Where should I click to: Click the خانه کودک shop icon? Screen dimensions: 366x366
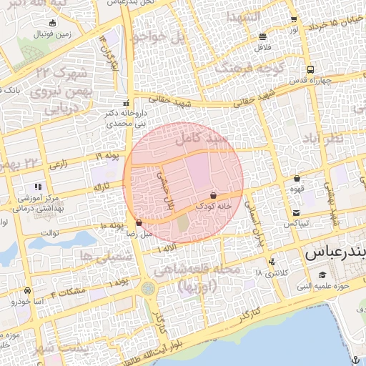(x=213, y=194)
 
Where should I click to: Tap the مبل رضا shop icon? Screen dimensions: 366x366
(x=138, y=222)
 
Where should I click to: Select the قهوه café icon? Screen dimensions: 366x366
(x=297, y=179)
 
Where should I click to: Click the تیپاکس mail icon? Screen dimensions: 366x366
(x=296, y=213)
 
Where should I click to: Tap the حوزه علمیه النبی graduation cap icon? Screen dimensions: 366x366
(x=322, y=275)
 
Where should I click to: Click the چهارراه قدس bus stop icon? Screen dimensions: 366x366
(x=310, y=70)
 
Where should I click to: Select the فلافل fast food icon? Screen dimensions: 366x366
(x=263, y=36)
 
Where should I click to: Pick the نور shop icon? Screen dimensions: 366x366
(x=293, y=19)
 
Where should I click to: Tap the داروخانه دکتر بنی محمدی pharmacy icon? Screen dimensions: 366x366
(x=126, y=102)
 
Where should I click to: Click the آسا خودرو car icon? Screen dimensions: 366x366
(x=26, y=291)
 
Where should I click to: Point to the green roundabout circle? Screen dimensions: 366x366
(x=148, y=288)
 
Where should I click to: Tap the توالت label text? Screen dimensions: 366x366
(x=49, y=232)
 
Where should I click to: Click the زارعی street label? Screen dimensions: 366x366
(x=59, y=164)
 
